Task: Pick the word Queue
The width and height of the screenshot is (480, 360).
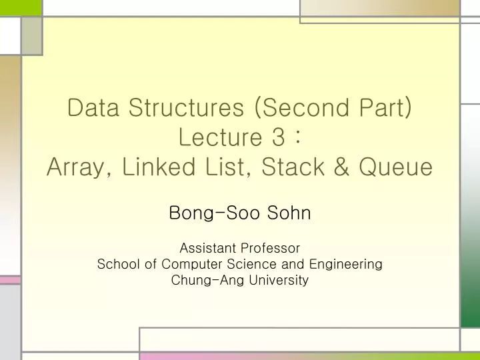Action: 396,167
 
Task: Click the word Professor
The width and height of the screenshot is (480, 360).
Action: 270,248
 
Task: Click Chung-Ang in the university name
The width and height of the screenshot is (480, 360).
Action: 207,281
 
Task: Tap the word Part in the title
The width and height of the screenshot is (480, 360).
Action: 388,107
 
